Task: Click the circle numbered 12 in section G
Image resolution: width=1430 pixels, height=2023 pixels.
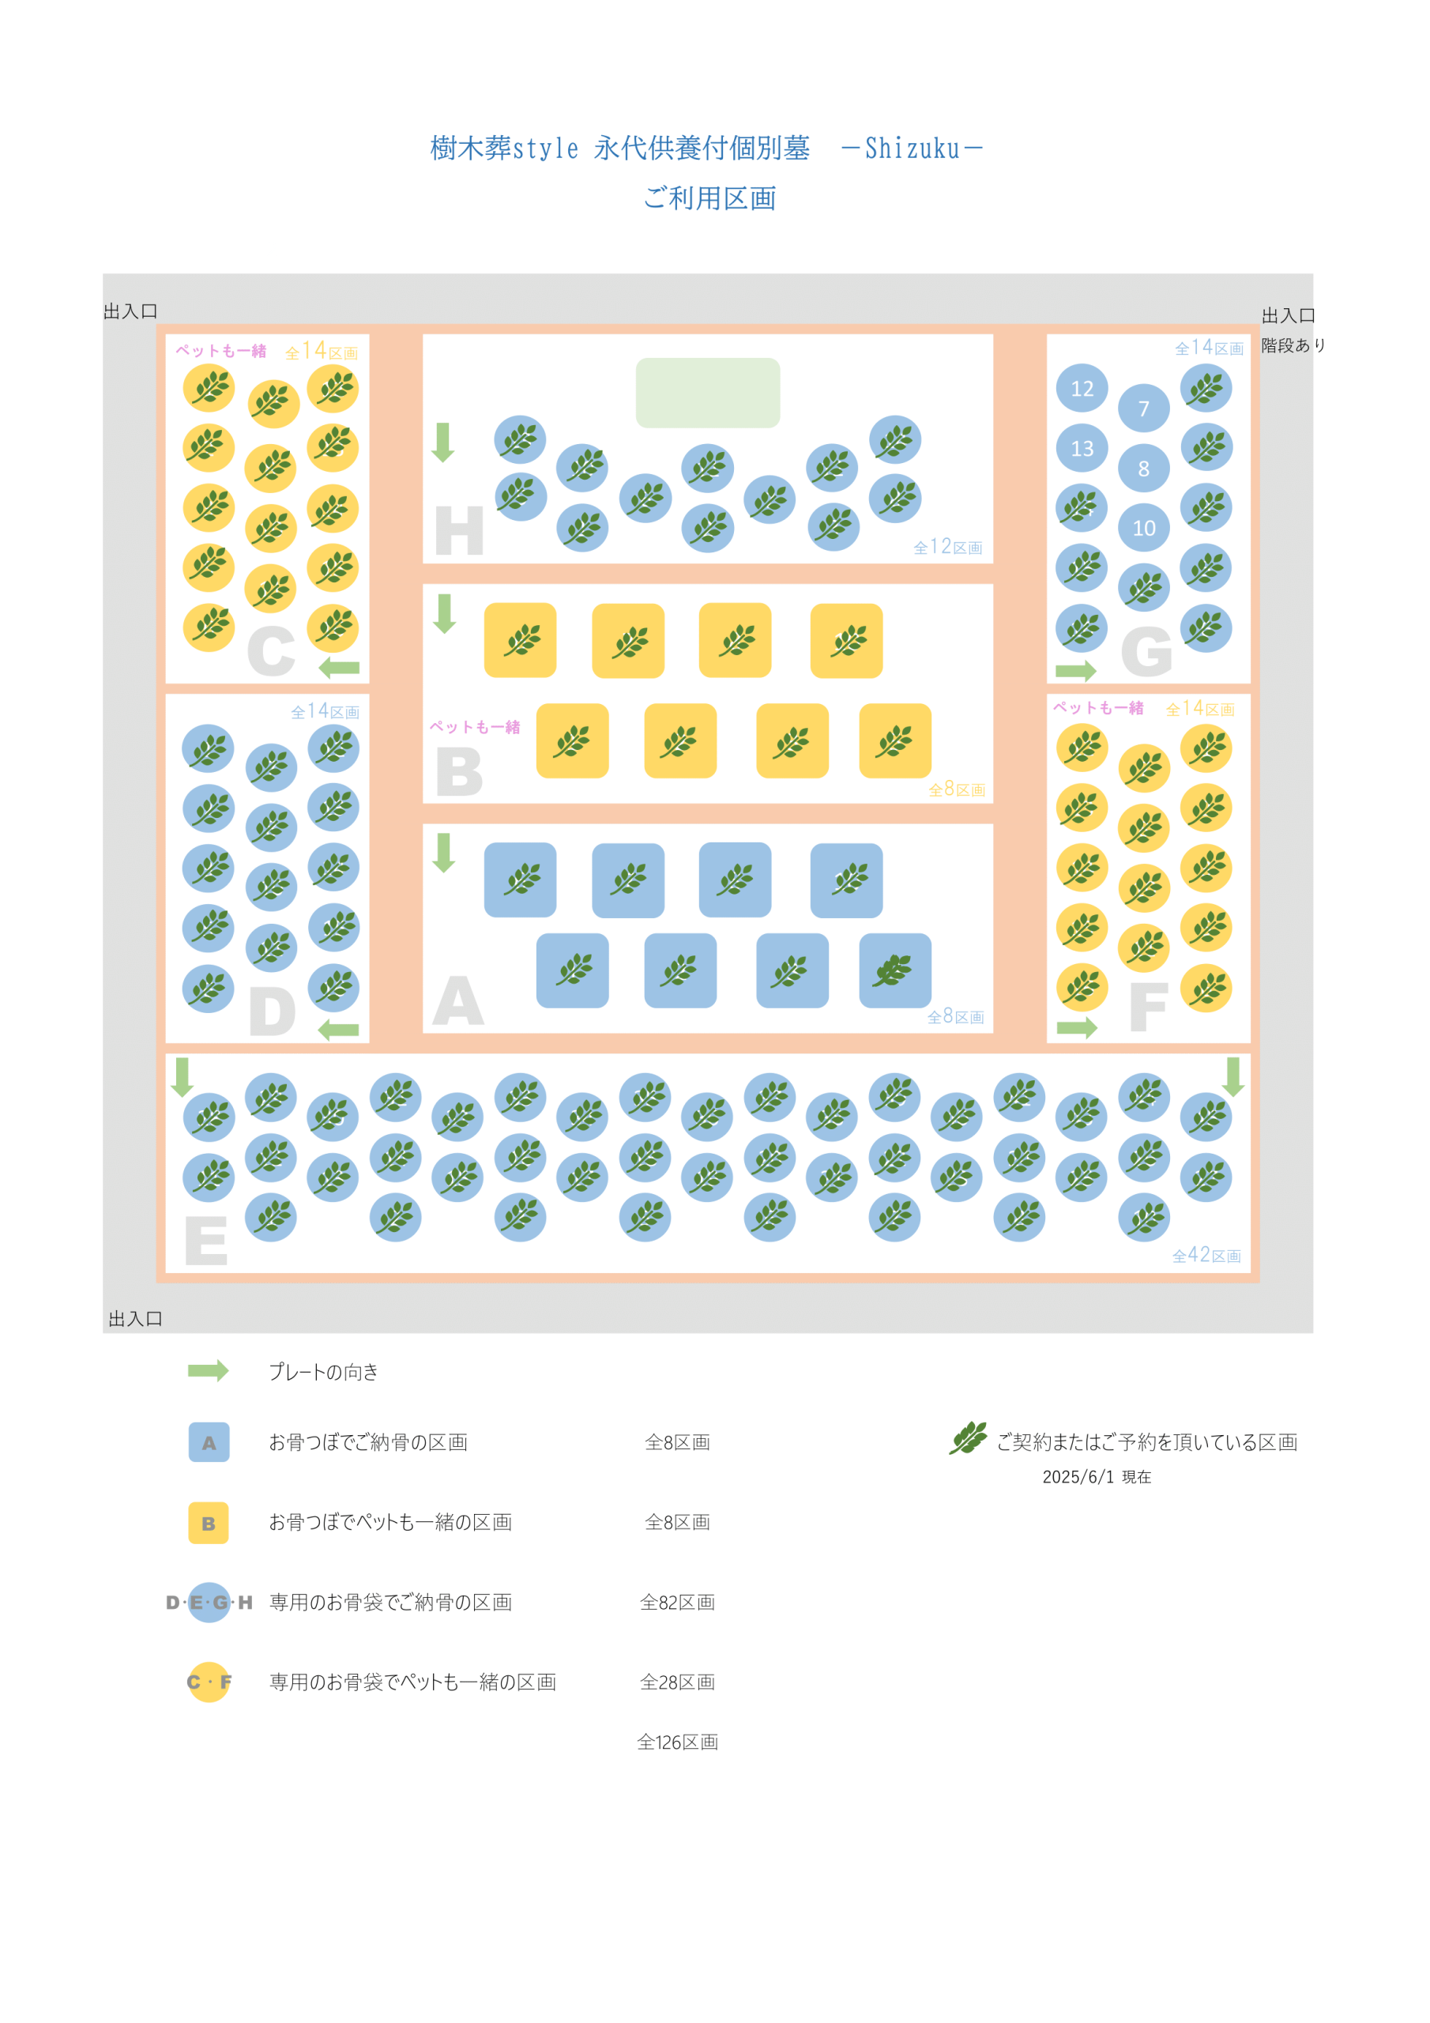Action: [1082, 389]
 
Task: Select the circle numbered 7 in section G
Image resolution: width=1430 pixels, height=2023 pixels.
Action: [1144, 408]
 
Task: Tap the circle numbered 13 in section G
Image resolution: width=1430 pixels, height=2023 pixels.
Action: [1082, 449]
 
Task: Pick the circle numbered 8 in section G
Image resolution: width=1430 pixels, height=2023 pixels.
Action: [1144, 468]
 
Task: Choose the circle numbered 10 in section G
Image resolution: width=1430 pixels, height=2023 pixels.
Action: [1144, 528]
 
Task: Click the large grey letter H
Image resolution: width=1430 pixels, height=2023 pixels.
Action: [459, 530]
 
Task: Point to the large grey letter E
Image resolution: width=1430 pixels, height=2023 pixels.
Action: [206, 1241]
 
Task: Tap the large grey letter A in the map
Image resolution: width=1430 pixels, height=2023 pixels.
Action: [458, 1001]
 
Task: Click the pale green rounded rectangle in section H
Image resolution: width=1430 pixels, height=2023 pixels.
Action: [708, 393]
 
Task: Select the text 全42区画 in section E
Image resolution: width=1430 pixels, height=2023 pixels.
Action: [1206, 1256]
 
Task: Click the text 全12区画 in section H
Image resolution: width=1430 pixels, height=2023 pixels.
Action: [948, 547]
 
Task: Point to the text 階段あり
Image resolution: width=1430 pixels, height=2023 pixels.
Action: [1293, 345]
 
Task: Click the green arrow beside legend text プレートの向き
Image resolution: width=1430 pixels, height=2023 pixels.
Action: [208, 1371]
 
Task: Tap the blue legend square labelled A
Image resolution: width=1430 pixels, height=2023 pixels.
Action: [209, 1442]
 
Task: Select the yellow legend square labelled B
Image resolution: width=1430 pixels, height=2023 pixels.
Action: [209, 1523]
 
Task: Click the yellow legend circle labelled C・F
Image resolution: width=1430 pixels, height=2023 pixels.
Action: [209, 1682]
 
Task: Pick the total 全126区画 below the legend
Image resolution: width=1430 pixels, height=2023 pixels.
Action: [678, 1742]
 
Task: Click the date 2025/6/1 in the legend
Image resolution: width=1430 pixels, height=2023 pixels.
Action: [1078, 1477]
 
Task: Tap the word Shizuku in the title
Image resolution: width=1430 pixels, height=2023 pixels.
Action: [912, 148]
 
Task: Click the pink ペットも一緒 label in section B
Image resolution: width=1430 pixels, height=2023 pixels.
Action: [475, 727]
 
